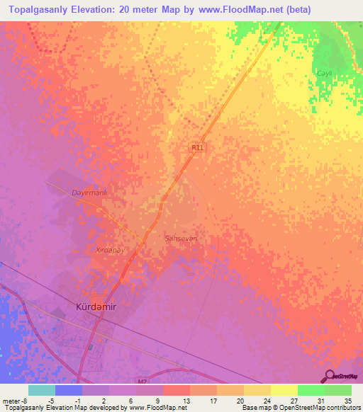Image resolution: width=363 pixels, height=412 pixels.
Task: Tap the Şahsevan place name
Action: click(180, 239)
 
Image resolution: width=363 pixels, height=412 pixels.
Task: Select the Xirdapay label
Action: click(110, 250)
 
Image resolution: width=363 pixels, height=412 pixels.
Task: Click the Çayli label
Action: click(325, 74)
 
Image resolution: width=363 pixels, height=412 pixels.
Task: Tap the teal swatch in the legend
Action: click(42, 390)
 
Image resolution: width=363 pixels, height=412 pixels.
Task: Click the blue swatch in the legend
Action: click(69, 390)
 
